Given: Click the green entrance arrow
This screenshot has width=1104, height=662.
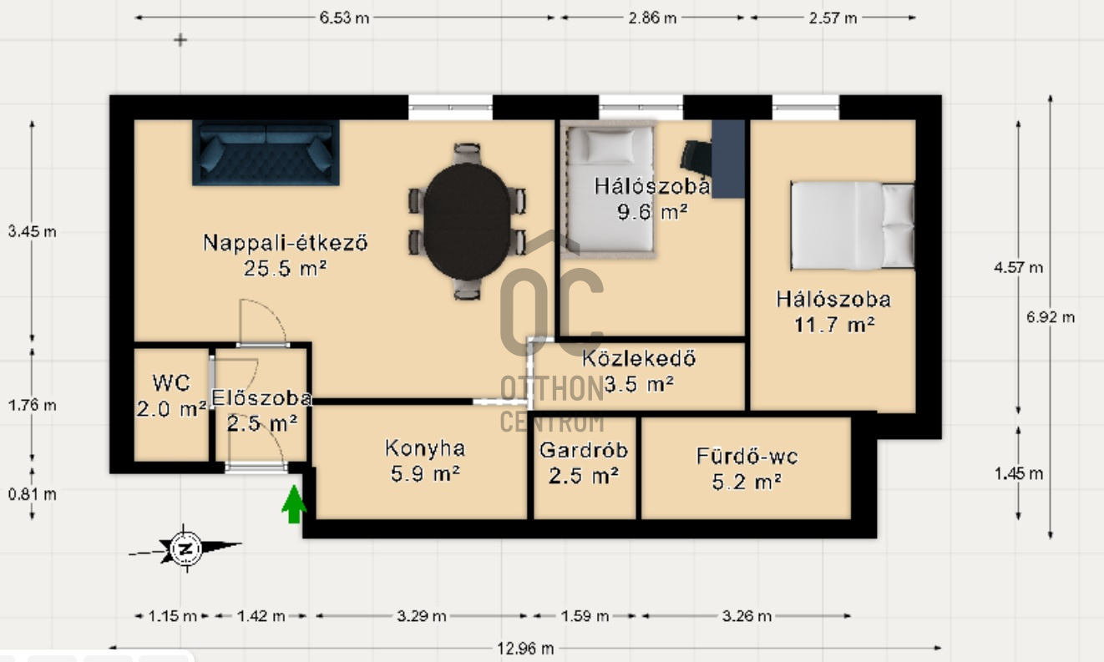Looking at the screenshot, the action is click(294, 504).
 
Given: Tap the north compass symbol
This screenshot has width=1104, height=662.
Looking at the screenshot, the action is click(185, 548).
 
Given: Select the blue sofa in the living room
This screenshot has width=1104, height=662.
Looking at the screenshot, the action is click(266, 153).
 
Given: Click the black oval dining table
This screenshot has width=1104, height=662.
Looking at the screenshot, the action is click(467, 221).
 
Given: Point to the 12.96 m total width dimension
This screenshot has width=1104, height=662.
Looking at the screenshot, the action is click(525, 649).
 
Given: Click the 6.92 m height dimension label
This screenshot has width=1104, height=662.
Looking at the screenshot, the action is click(1051, 317).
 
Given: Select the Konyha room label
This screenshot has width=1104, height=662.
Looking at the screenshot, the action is click(425, 448).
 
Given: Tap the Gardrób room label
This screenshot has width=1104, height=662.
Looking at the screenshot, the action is click(584, 450).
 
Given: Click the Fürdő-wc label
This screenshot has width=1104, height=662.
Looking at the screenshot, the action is click(747, 457).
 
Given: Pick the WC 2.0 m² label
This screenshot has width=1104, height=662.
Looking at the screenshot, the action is click(171, 396).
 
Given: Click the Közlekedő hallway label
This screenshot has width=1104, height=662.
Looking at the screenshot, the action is click(639, 359).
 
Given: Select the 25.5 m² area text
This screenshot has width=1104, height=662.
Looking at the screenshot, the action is click(285, 269).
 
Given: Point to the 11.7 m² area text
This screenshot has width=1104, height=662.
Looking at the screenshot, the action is click(834, 325).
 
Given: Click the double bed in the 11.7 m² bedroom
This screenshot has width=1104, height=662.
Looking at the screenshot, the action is click(852, 225).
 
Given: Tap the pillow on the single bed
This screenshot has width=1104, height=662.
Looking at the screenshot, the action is click(610, 146).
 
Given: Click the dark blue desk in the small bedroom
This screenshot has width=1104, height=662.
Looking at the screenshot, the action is click(728, 159).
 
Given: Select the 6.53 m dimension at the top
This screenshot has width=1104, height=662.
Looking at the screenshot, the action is click(344, 18).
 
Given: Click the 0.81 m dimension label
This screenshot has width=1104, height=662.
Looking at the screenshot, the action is click(32, 494).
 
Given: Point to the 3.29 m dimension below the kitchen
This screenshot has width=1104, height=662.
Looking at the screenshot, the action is click(422, 616).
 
